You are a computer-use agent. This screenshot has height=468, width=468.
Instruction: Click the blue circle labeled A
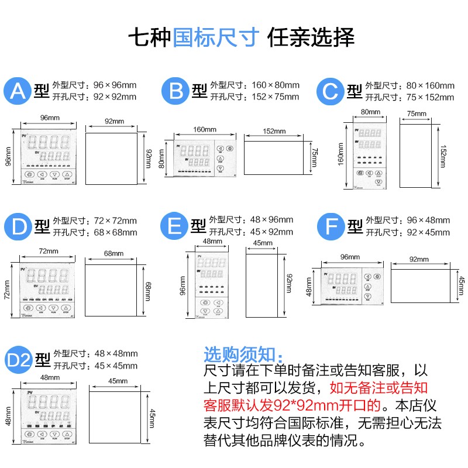click(18, 91)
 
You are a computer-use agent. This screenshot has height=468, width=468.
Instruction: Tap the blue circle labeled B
click(176, 91)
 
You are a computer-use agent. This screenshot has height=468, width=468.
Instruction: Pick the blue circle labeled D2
click(18, 359)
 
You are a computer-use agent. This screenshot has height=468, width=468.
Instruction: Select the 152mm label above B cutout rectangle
click(274, 132)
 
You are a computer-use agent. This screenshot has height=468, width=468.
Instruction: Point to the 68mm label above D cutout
click(113, 254)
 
